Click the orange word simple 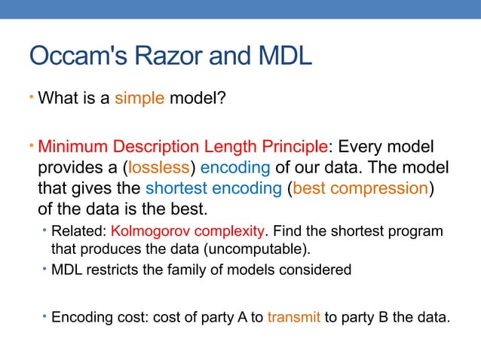[x=139, y=99]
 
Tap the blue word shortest [x=176, y=187]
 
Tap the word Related [x=79, y=230]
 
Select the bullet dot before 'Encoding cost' [x=45, y=316]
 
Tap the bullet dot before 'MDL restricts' [x=45, y=269]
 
